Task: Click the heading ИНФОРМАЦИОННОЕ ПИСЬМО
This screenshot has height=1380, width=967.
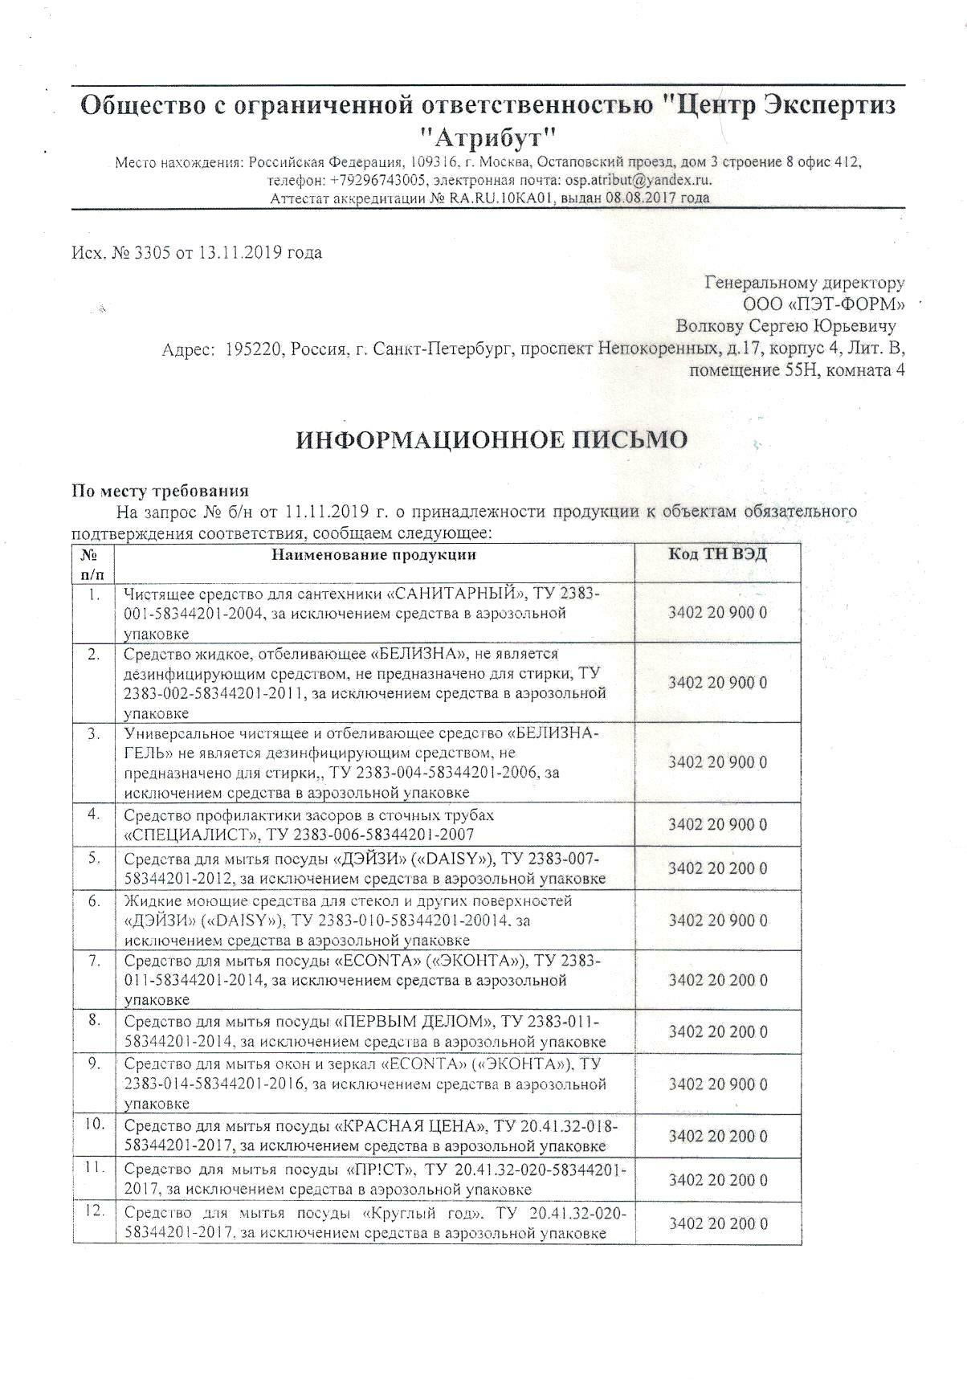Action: coord(492,440)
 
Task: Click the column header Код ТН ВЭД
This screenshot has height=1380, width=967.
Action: coord(717,554)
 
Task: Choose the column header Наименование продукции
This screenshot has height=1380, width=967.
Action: coord(373,555)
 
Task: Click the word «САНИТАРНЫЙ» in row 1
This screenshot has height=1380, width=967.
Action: coord(458,594)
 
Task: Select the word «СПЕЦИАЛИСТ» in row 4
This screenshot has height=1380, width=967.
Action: coord(176,835)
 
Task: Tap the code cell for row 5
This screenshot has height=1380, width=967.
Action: coord(717,868)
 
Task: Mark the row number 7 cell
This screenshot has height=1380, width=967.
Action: coord(94,961)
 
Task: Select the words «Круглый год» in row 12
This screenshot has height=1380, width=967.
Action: coord(426,1213)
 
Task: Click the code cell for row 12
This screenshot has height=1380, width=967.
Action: coord(717,1224)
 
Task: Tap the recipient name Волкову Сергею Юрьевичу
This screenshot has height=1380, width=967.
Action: coord(786,327)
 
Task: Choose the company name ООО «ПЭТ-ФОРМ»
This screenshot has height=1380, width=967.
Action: coord(823,304)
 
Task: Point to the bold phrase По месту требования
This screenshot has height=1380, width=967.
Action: coord(161,492)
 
